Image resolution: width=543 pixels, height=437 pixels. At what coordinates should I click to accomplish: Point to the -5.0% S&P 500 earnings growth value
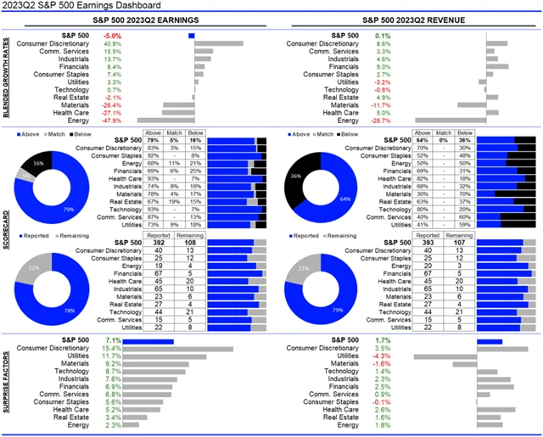[111, 36]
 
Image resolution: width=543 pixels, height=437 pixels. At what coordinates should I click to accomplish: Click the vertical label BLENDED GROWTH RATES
[7, 79]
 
